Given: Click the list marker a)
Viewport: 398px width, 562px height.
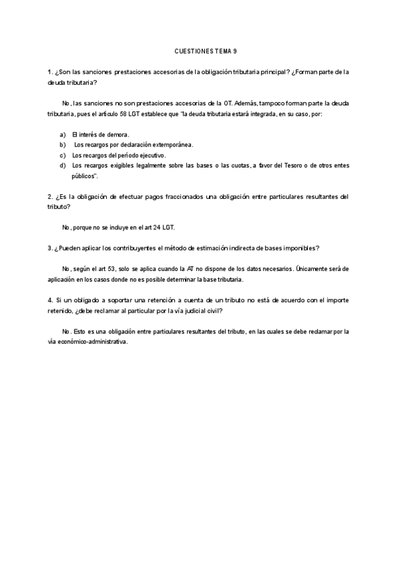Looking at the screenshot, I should pos(63,135).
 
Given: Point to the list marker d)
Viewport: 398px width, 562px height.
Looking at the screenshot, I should pos(63,165).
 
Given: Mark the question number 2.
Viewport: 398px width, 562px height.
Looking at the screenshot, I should pos(50,196).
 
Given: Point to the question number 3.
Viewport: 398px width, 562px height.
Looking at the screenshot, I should pos(50,248).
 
